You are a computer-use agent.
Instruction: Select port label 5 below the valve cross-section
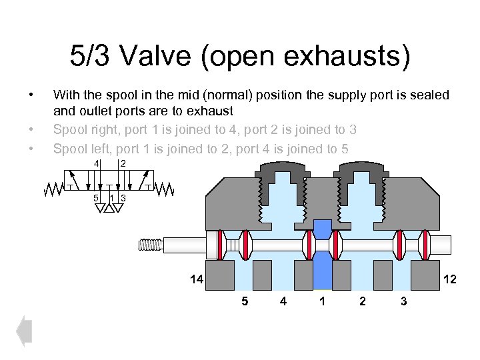point(244,301)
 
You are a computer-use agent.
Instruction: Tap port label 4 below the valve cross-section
point(283,301)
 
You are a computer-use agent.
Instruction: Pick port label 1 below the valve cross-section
point(323,301)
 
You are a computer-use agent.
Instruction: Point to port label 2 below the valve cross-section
point(362,301)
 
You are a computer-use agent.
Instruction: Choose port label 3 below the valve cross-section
point(403,301)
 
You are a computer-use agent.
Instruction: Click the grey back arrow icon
point(24,330)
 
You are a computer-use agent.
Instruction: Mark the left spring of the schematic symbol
point(54,189)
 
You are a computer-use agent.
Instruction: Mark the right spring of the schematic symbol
point(164,189)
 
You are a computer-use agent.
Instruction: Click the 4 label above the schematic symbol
point(96,164)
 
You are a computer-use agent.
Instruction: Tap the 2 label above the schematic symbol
point(123,164)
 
